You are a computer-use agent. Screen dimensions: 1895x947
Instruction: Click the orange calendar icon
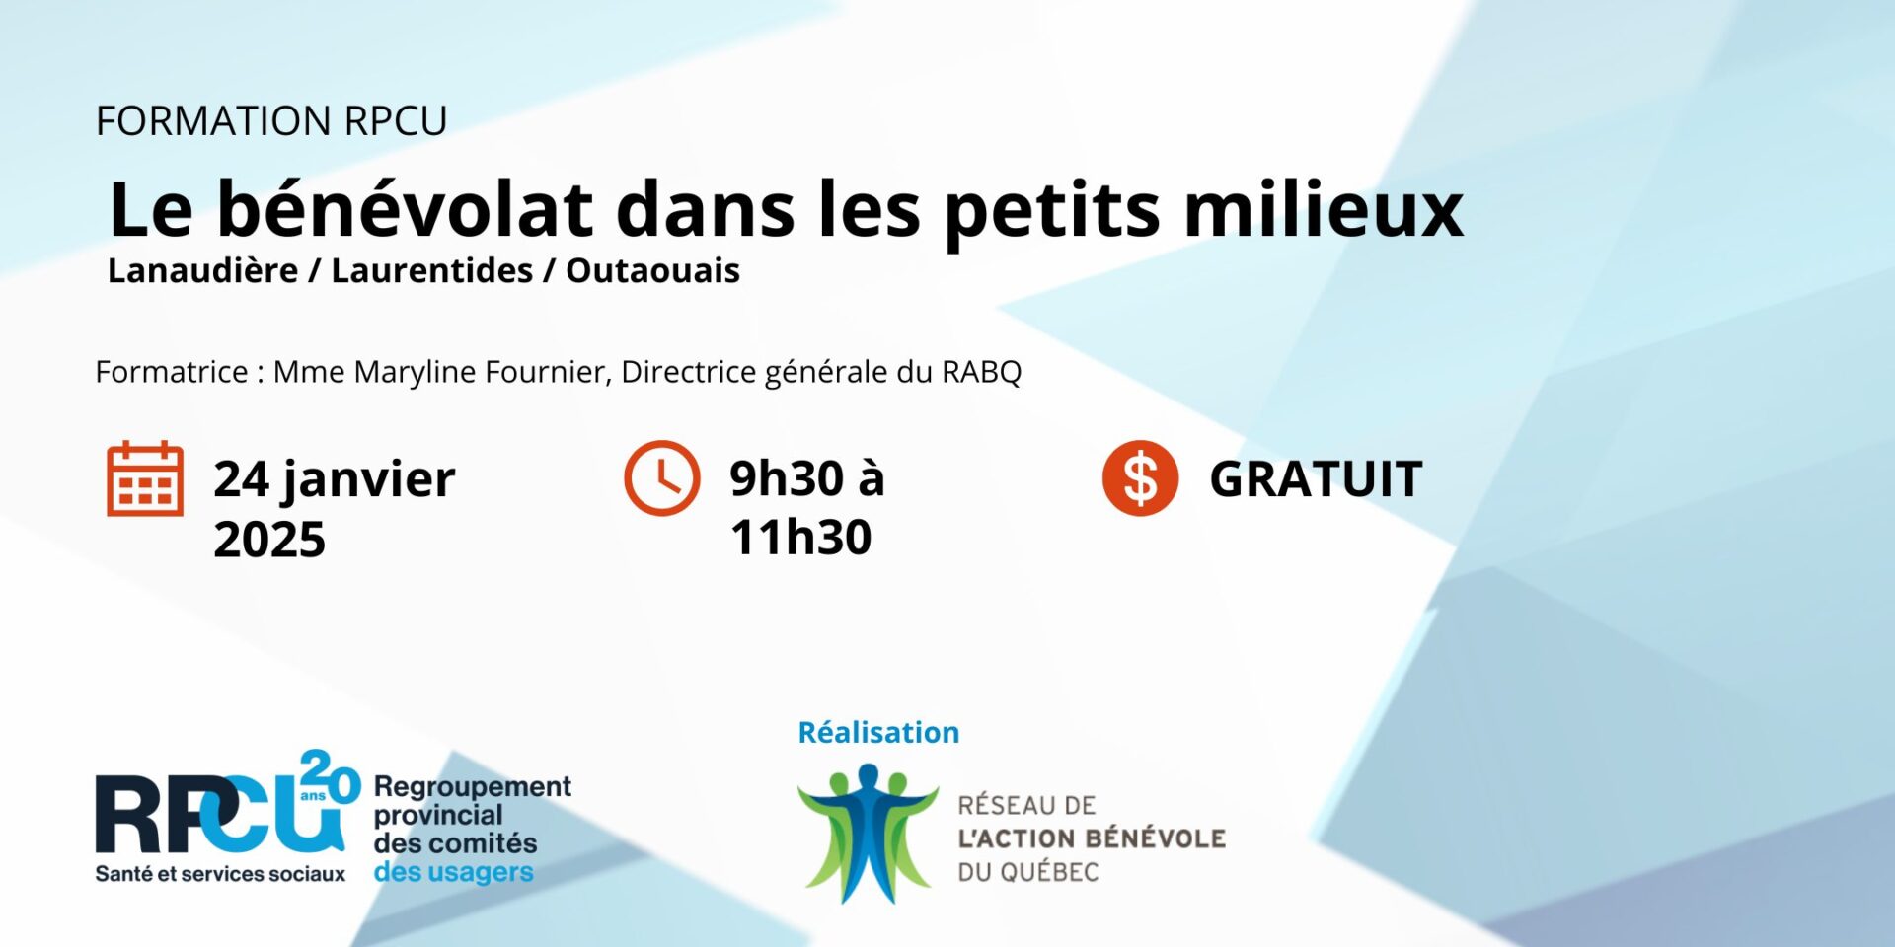click(x=145, y=478)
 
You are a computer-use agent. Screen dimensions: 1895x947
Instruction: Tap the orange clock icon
click(x=662, y=477)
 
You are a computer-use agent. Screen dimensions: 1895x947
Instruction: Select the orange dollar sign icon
click(x=1140, y=478)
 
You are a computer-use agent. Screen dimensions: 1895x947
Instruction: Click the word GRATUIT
click(x=1316, y=479)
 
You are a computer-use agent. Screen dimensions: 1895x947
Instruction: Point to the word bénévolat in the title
click(x=406, y=209)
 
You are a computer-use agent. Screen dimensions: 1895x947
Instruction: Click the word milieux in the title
click(x=1324, y=209)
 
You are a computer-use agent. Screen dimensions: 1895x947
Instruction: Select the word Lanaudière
click(x=203, y=270)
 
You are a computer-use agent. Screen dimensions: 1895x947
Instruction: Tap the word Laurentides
click(x=432, y=270)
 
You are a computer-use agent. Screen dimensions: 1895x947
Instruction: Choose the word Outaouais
click(x=652, y=270)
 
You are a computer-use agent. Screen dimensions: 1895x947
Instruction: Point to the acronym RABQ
click(x=982, y=372)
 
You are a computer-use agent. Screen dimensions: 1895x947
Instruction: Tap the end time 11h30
click(x=801, y=538)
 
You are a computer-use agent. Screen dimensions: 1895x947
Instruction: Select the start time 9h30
click(x=787, y=478)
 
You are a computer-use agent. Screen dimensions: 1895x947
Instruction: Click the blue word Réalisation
click(x=878, y=732)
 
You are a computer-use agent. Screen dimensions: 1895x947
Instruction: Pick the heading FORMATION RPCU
click(x=271, y=121)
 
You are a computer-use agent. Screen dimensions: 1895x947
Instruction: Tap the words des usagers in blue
click(x=454, y=872)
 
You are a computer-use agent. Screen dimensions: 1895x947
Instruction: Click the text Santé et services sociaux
click(x=220, y=874)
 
